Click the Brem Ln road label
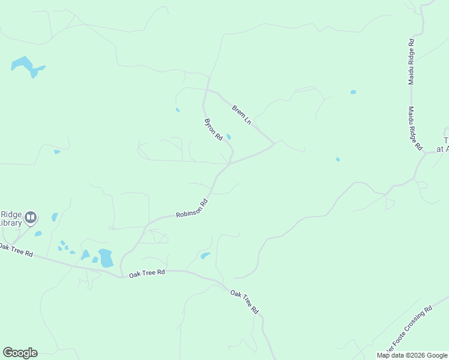pyautogui.click(x=241, y=115)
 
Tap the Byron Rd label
pyautogui.click(x=214, y=130)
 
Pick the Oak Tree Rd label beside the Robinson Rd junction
pyautogui.click(x=146, y=273)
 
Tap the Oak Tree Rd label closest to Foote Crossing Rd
pyautogui.click(x=246, y=302)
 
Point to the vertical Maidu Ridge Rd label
pyautogui.click(x=411, y=62)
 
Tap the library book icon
pyautogui.click(x=30, y=217)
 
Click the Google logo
pyautogui.click(x=20, y=353)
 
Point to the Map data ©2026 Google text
pyautogui.click(x=412, y=355)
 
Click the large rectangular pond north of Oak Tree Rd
pyautogui.click(x=106, y=258)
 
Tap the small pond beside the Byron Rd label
pyautogui.click(x=228, y=137)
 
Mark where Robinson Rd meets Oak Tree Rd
pyautogui.click(x=122, y=275)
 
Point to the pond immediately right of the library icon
pyautogui.click(x=55, y=217)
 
